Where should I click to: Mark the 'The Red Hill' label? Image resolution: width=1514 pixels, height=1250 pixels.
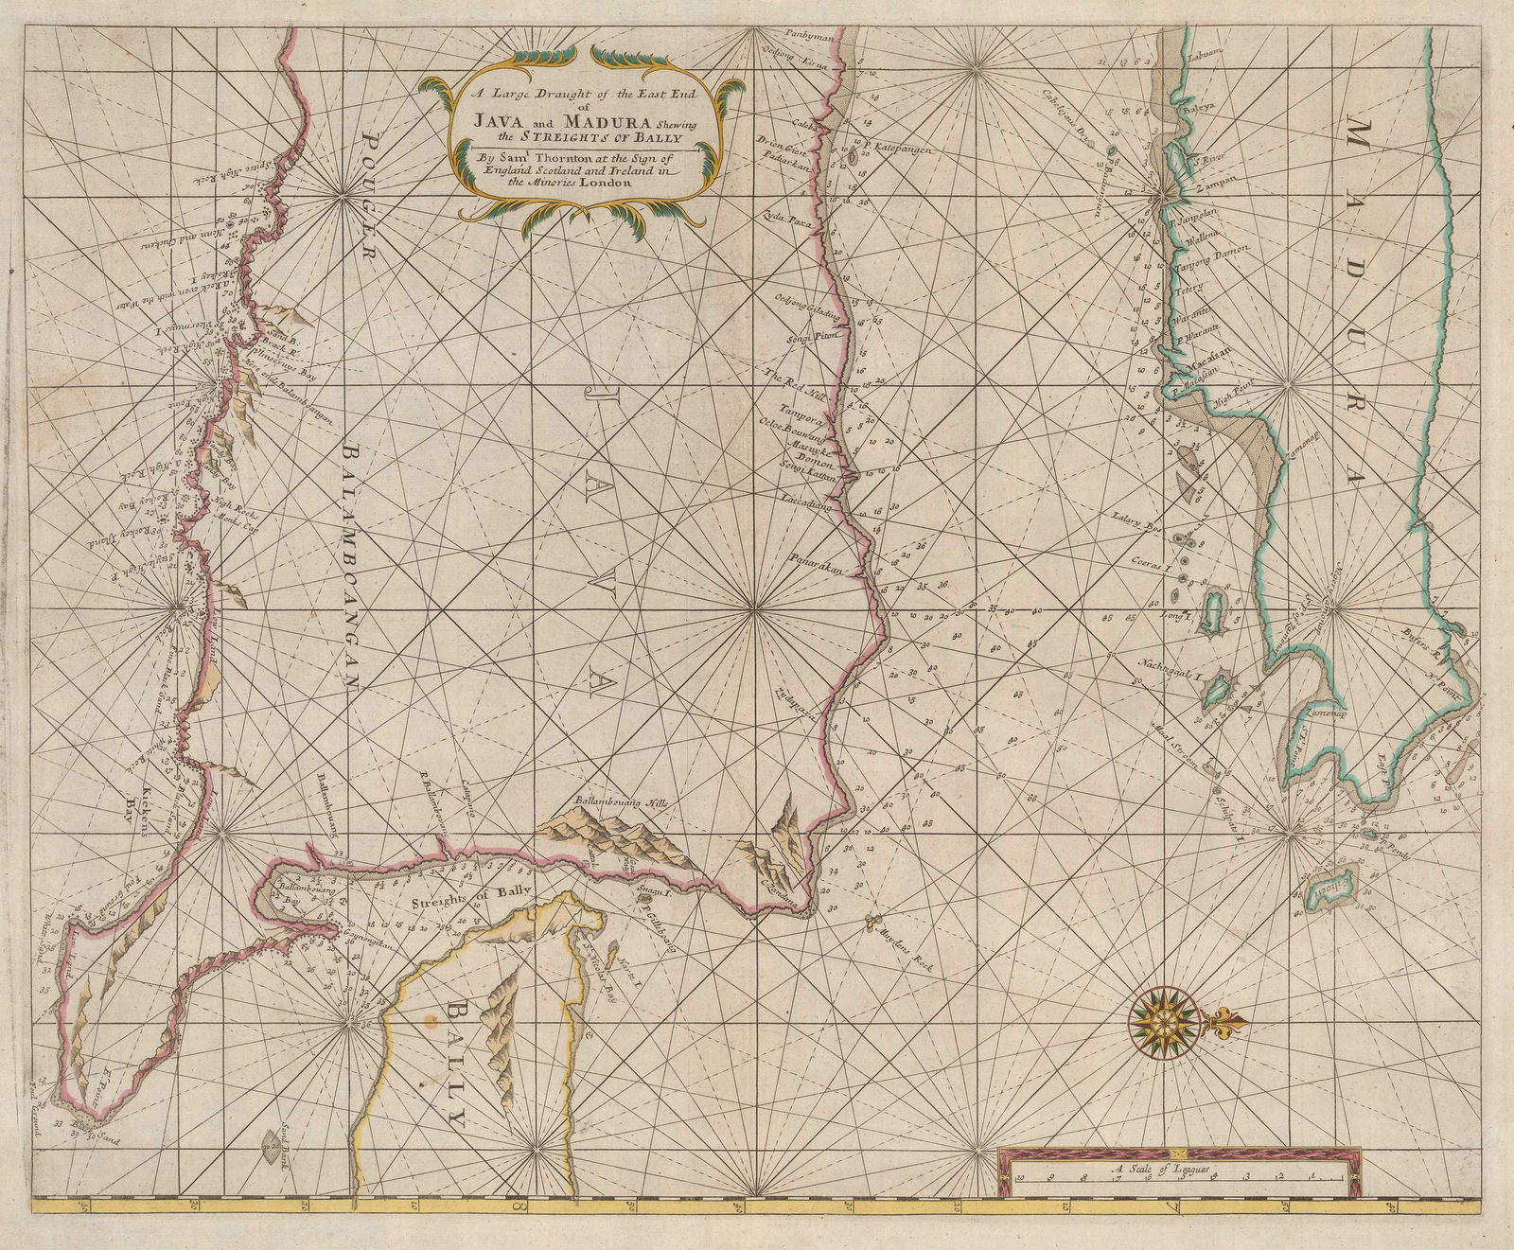787,378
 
